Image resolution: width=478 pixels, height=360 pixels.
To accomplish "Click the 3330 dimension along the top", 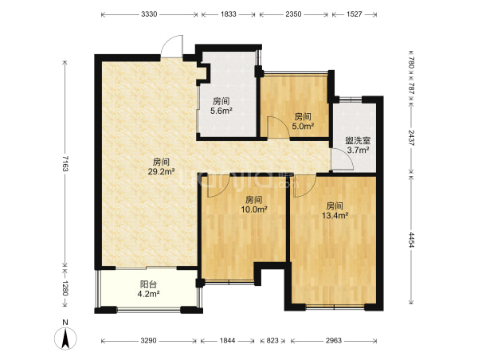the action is tap(149, 14).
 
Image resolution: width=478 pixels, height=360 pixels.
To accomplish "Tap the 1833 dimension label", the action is tap(229, 14).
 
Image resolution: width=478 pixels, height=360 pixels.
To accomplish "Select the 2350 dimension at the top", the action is tap(293, 14).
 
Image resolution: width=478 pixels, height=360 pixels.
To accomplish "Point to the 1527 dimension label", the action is tap(355, 14).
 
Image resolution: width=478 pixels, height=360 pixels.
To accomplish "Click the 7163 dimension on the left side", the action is tap(65, 163).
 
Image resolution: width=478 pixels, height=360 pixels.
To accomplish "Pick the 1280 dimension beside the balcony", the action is tap(65, 288).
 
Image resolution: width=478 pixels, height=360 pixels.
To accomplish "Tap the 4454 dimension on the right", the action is tap(411, 240).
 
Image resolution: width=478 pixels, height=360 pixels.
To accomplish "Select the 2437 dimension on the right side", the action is tap(411, 138).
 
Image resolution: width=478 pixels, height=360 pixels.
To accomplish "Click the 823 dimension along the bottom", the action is tap(272, 341).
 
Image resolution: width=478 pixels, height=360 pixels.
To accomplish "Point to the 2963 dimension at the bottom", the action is tap(334, 341).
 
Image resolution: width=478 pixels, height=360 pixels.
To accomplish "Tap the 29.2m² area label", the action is tap(161, 171).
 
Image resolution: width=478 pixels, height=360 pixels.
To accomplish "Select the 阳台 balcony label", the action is tap(148, 284).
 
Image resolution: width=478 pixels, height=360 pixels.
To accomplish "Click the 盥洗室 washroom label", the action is tap(358, 140).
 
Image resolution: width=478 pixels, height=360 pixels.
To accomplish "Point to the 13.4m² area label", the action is tap(335, 216).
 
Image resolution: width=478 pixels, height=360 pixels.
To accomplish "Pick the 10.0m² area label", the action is tap(254, 209).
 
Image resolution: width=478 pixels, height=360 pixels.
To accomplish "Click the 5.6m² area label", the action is tap(221, 111).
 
